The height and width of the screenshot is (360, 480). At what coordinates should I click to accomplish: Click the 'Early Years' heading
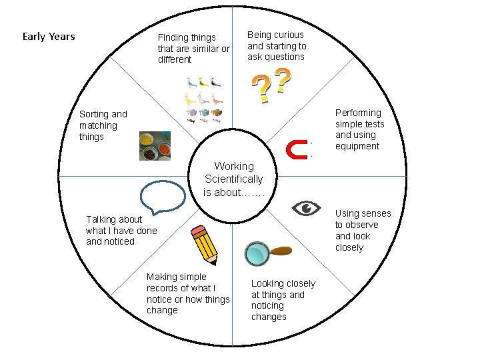(49, 36)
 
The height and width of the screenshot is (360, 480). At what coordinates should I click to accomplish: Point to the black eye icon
(306, 208)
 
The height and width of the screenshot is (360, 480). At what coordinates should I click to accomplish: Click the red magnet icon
(296, 150)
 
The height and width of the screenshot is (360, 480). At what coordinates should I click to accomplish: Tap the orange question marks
(271, 87)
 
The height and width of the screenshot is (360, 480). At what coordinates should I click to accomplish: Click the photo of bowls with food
(155, 146)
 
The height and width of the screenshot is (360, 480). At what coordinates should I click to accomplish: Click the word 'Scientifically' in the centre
(234, 179)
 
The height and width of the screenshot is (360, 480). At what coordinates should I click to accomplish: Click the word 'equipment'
(357, 146)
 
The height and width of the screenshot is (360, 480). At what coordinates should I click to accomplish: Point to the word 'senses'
(377, 213)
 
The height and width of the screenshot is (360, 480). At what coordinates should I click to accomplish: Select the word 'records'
(163, 288)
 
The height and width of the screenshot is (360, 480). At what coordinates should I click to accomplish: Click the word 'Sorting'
(94, 114)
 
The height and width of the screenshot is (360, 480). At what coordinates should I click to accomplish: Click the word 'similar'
(204, 49)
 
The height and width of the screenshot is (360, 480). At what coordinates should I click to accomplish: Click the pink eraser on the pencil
(197, 232)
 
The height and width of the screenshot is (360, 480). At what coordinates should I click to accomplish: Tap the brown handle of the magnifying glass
(281, 251)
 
